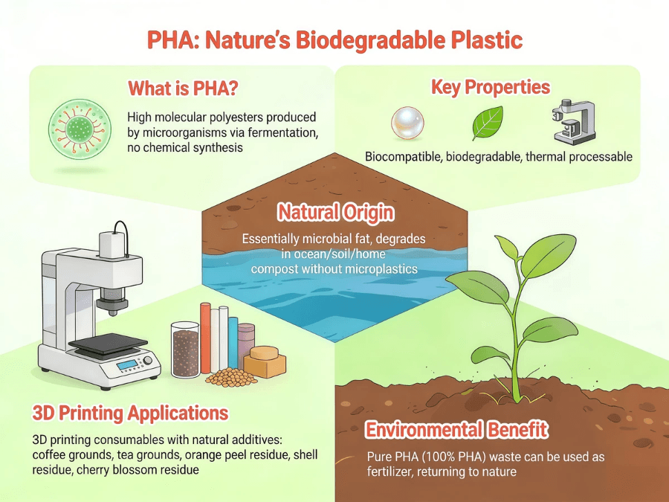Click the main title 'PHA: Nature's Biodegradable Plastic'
coord(335,39)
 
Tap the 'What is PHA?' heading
coord(183,89)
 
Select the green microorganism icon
coord(80,127)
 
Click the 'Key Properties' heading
coord(491,87)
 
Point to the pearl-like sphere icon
coord(407,123)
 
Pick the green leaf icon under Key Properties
coord(488,123)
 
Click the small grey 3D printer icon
coord(574,122)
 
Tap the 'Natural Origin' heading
coord(336,212)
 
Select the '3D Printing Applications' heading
coord(130,413)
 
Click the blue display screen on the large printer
coord(127,365)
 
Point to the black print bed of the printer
coord(108,344)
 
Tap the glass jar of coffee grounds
coord(185,350)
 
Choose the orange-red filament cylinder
coord(206,338)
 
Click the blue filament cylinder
coord(233,343)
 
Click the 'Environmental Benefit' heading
coord(456,429)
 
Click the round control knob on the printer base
coord(148,361)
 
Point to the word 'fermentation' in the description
coord(283,132)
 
